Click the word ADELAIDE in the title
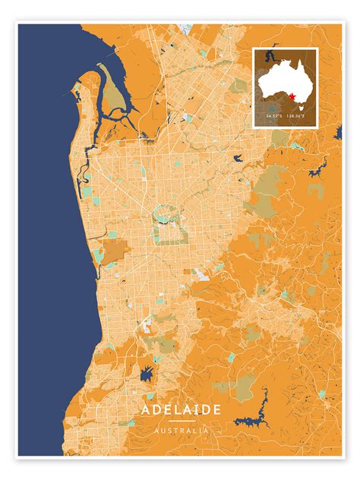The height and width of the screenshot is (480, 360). (180, 409)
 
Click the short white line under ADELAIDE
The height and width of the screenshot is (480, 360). (180, 421)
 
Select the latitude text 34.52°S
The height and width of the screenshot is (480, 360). (275, 115)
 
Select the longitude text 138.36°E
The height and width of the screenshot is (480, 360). (297, 115)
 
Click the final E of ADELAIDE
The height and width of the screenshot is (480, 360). (218, 409)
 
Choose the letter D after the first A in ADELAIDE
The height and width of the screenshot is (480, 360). (156, 409)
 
